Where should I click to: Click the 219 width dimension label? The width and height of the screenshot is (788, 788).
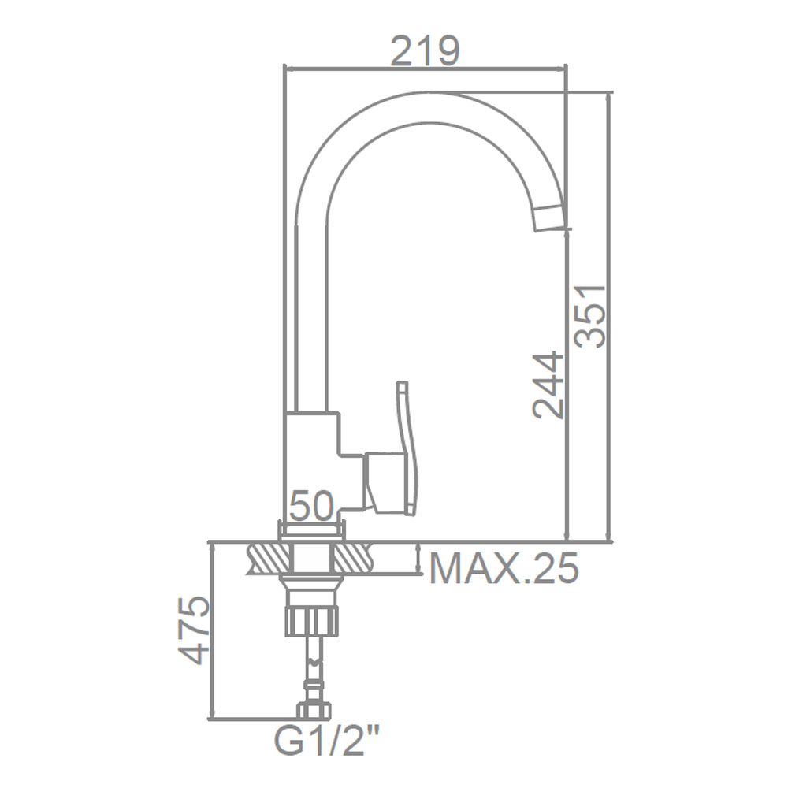point(426,50)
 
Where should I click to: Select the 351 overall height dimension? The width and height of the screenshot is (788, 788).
point(590,316)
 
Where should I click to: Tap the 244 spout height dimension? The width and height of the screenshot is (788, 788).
point(548,385)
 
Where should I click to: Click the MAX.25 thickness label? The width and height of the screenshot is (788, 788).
point(504,569)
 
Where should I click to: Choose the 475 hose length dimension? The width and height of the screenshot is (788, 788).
point(194,631)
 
